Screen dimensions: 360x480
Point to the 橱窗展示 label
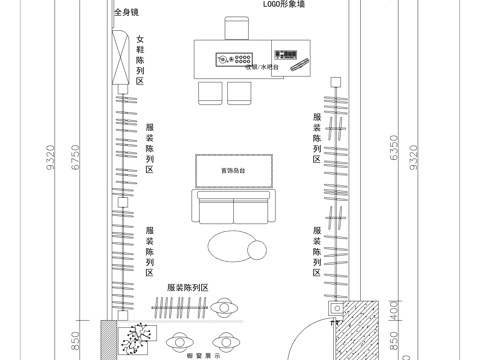pos(203,354)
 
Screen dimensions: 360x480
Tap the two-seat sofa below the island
pos(233,209)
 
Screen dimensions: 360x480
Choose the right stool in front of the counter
pos(239,92)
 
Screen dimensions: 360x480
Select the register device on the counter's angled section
pos(298,64)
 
